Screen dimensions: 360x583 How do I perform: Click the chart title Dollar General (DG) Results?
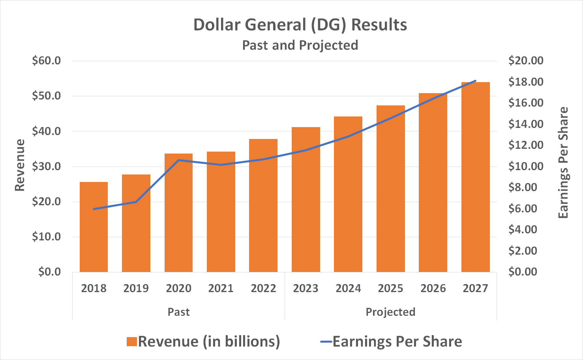pos(300,24)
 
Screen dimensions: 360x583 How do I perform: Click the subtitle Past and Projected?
pos(300,45)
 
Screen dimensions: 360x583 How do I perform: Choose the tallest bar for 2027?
pos(475,178)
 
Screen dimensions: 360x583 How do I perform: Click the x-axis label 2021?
pos(221,288)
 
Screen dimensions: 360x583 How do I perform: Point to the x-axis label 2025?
pos(390,288)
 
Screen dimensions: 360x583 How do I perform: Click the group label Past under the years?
pos(178,312)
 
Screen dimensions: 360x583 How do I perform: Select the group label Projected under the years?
pos(390,312)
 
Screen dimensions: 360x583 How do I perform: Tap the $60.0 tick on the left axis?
pos(47,61)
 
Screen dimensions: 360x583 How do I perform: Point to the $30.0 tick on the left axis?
pos(47,166)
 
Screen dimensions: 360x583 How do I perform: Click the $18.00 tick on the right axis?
pos(526,82)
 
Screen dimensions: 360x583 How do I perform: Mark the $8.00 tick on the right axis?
pos(523,187)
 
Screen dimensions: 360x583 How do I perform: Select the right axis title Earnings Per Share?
pos(563,163)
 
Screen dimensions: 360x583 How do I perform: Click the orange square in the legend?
pos(131,341)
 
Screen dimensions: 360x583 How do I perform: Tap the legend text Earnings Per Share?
pos(397,341)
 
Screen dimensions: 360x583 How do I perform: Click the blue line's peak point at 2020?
pos(178,160)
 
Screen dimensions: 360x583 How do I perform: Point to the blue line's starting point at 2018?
pos(94,209)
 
